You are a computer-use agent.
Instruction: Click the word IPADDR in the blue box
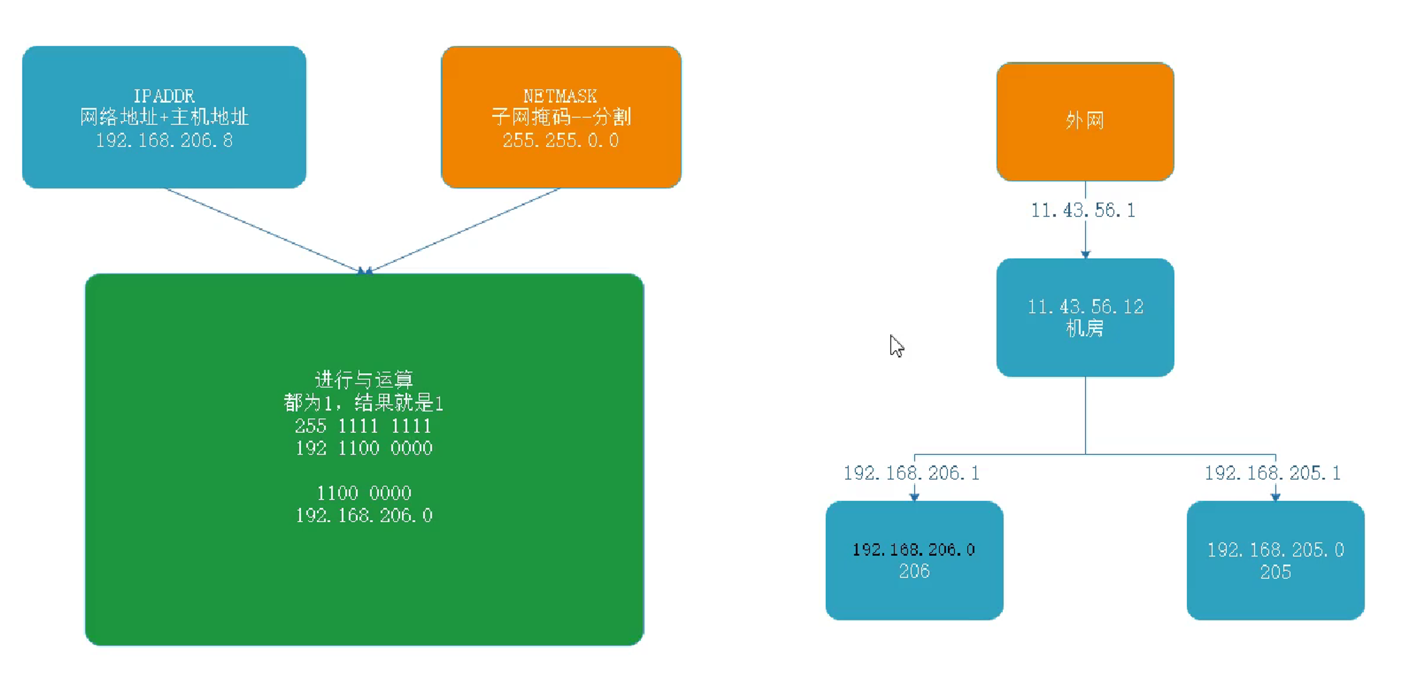[164, 96]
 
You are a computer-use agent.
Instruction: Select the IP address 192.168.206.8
[164, 141]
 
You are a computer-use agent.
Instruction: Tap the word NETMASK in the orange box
[560, 96]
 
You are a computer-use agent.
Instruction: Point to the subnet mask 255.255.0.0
[560, 141]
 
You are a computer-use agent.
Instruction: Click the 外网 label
[1084, 120]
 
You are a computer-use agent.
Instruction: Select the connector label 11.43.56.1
[1083, 211]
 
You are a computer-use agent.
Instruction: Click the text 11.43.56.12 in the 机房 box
[1085, 306]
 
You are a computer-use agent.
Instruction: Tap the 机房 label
[1084, 328]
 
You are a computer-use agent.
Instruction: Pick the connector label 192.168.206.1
[911, 473]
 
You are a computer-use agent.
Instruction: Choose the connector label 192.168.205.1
[1273, 473]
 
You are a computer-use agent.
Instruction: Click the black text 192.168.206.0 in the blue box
[914, 549]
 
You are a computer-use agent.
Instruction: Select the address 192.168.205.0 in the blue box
[1275, 549]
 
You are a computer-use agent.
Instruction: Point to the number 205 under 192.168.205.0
[1275, 572]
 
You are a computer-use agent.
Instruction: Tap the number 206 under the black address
[914, 572]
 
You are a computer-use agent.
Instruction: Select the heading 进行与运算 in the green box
[364, 379]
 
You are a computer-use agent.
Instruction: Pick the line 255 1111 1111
[363, 426]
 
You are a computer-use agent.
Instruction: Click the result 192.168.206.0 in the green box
[364, 516]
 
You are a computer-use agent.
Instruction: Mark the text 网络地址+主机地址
[164, 117]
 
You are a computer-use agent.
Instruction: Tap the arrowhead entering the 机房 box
[1085, 254]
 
